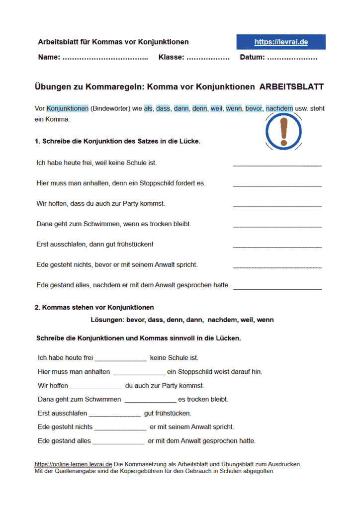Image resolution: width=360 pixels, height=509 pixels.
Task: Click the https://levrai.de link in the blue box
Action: click(x=281, y=42)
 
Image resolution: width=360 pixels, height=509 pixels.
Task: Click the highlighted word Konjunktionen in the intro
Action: click(x=68, y=108)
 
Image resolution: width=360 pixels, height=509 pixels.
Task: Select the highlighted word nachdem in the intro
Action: click(x=279, y=108)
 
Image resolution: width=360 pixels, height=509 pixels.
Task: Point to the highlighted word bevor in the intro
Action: click(x=254, y=108)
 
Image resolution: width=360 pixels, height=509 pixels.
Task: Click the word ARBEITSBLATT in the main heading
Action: click(x=291, y=87)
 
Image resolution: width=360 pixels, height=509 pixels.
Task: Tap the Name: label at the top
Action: click(x=49, y=58)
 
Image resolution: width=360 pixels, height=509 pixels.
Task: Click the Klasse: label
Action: click(x=171, y=58)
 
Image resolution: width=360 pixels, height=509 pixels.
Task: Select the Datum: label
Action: click(x=252, y=58)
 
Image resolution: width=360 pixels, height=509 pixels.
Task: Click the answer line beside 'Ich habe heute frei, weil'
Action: click(x=277, y=165)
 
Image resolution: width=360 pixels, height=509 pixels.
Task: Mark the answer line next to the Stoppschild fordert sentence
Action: click(x=277, y=185)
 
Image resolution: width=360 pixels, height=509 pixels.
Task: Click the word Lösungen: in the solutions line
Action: click(x=108, y=320)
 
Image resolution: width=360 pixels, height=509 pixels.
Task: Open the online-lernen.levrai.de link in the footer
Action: click(x=73, y=464)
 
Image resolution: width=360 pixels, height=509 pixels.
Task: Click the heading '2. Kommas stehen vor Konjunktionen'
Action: click(x=94, y=308)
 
